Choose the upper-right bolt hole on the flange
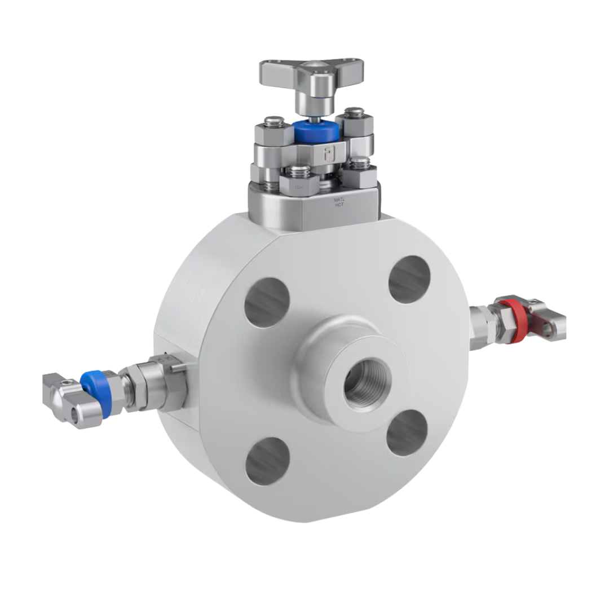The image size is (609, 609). click(409, 279)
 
